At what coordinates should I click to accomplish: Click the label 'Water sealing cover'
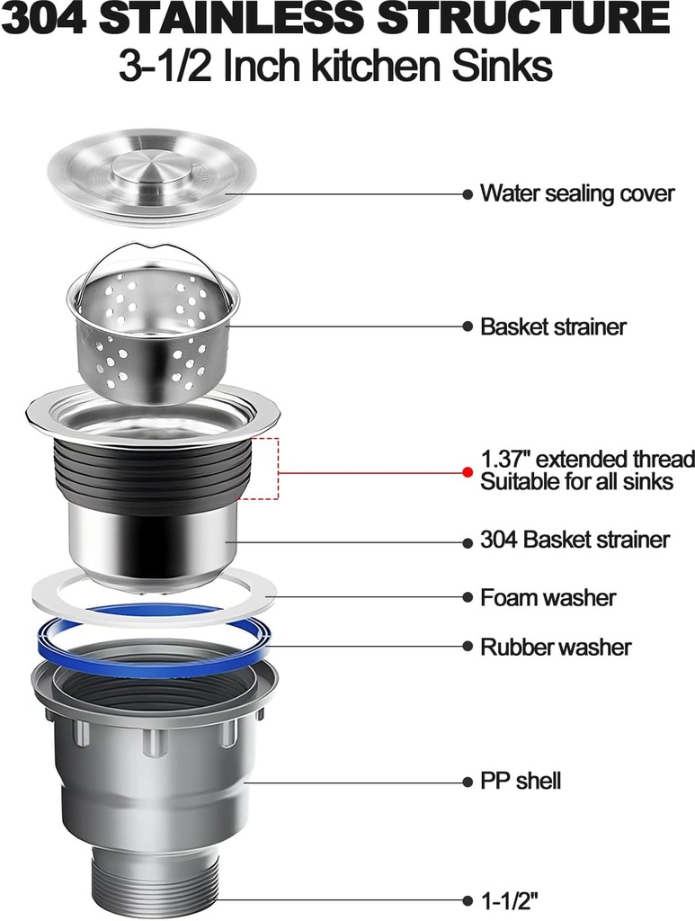tap(576, 193)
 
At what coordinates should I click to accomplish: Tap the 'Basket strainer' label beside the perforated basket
tap(552, 326)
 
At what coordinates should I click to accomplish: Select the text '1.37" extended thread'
tap(587, 459)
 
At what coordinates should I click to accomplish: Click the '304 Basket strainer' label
tap(575, 540)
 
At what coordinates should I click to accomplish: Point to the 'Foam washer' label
tap(548, 597)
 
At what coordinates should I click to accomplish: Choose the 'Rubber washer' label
tap(555, 647)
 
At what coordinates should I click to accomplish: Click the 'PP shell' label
tap(520, 781)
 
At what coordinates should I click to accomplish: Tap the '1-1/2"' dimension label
tap(509, 900)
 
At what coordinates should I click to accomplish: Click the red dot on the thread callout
tap(467, 471)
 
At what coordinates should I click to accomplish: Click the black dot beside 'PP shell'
tap(467, 782)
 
